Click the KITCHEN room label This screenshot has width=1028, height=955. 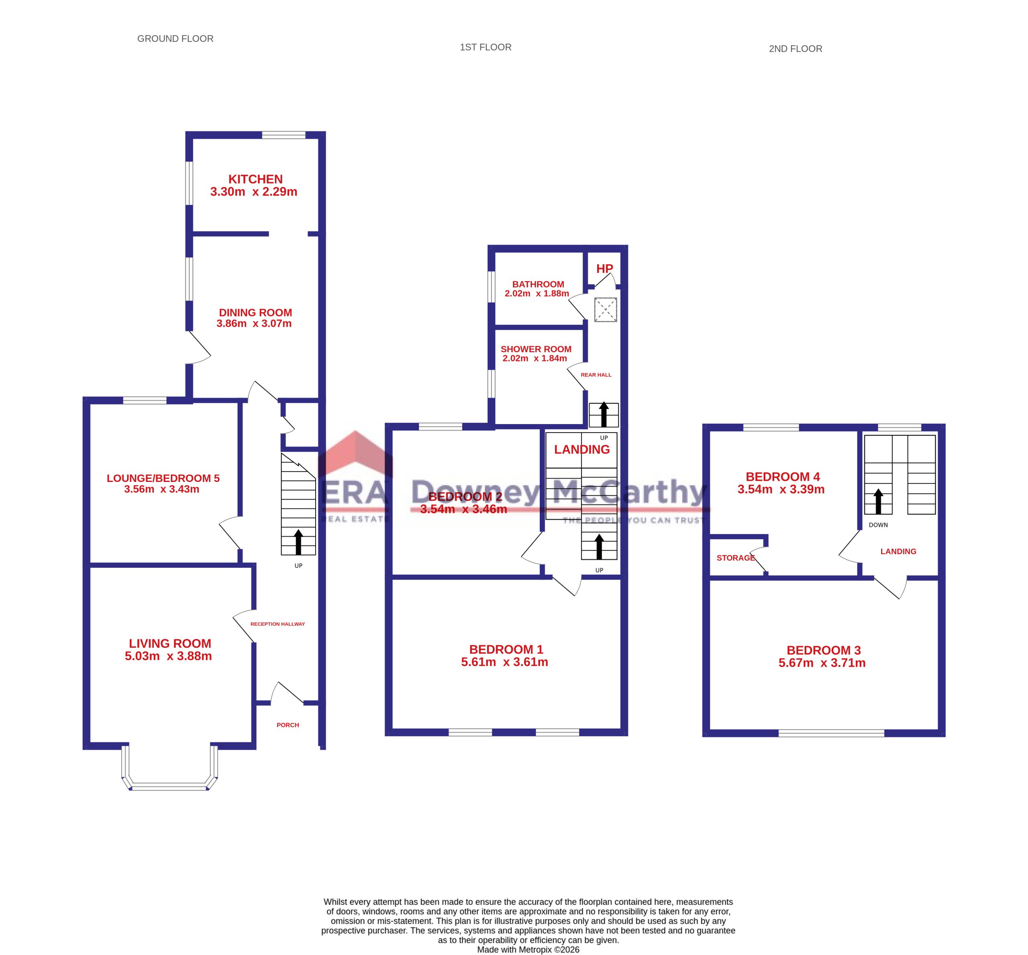coord(255,180)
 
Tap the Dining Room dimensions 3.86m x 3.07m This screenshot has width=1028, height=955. coord(254,324)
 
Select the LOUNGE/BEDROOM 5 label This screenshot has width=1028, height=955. coord(163,478)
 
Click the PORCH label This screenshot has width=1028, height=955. coord(288,725)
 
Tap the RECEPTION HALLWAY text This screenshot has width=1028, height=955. coord(277,624)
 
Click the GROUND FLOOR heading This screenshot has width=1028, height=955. coord(175,39)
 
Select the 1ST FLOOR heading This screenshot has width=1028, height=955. coord(485,47)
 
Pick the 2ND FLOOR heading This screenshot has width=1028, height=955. coord(795,49)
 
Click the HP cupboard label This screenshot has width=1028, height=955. coord(605,269)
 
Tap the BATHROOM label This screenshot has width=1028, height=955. coord(538,284)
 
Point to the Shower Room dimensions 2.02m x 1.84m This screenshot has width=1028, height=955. coord(535,358)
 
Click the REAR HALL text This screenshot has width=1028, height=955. coord(596,375)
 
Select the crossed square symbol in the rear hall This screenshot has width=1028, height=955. coord(605,310)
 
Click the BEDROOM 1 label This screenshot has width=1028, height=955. coord(506,650)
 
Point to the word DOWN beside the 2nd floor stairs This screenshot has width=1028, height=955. coord(878,525)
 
